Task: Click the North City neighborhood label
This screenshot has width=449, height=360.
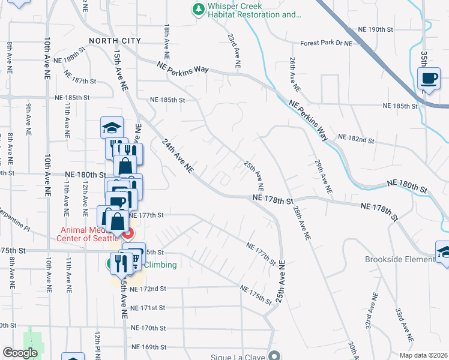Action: [115, 41]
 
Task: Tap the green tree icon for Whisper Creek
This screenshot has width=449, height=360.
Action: [197, 9]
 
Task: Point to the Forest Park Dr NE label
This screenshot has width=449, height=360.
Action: [326, 43]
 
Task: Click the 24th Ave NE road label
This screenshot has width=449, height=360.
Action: [177, 156]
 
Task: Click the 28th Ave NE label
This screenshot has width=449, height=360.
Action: [301, 223]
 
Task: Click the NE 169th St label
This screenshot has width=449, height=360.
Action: [148, 347]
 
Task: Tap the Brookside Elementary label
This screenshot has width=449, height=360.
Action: [399, 260]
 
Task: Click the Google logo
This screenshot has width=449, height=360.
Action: [20, 353]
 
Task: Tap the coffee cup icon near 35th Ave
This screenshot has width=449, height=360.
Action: [429, 79]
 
